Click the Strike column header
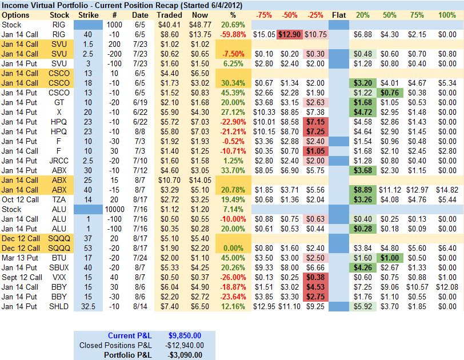tap(88, 15)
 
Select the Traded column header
tap(170, 15)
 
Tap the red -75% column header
tap(263, 15)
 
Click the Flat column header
tap(339, 15)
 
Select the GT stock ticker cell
tap(59, 102)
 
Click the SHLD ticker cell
tap(59, 306)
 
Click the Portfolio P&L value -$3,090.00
tap(185, 355)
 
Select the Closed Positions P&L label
tap(115, 345)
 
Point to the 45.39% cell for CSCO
tap(232, 93)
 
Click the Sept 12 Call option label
tap(21, 277)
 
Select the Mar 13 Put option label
tap(21, 258)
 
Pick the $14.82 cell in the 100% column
tap(446, 190)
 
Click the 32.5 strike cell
tap(88, 306)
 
